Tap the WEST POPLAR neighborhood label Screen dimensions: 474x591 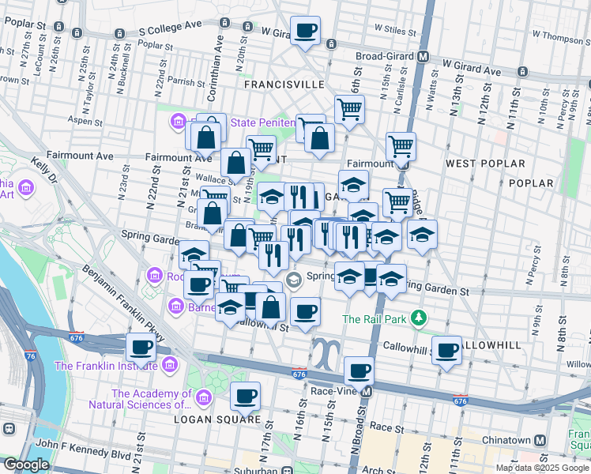coord(485,164)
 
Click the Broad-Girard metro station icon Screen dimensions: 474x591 coord(423,57)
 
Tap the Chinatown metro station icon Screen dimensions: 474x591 coord(540,440)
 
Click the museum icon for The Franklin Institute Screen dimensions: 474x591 coord(169,366)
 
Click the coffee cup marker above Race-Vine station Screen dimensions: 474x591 coord(359,370)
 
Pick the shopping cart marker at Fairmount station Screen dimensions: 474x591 coord(401,146)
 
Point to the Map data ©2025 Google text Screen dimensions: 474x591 coord(542,468)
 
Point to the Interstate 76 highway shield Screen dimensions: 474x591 coord(30,356)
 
